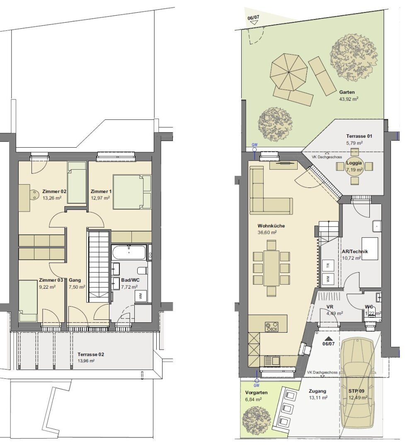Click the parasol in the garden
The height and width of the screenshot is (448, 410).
tap(289, 72)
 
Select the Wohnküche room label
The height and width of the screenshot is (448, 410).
tap(271, 226)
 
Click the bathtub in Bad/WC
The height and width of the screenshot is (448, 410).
tap(129, 252)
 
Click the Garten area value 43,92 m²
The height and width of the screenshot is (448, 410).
tap(349, 99)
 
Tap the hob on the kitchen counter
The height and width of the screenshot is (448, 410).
tap(271, 326)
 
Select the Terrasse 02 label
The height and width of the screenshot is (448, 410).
tap(91, 354)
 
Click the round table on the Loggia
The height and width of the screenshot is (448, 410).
tap(354, 166)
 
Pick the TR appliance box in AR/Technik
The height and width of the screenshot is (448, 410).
tap(328, 265)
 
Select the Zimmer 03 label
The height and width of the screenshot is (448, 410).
tap(51, 280)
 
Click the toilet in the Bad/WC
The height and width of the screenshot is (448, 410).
tap(142, 270)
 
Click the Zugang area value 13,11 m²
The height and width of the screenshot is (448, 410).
tap(318, 398)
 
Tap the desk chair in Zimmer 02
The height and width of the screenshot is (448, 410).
tap(35, 194)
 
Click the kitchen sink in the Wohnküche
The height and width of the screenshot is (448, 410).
tap(272, 360)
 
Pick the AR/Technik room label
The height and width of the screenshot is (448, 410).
tap(355, 251)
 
